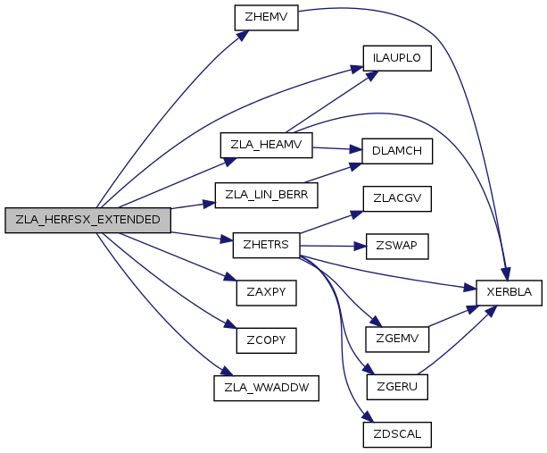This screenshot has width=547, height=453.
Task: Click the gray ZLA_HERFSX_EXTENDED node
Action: coord(87,220)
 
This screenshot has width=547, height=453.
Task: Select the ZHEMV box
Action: coord(265,17)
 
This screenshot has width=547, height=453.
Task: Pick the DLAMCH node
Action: coord(397,151)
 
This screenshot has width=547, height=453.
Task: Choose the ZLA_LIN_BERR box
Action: coord(267,195)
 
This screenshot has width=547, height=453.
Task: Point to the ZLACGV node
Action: coord(397,199)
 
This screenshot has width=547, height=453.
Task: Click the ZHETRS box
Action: coord(265,243)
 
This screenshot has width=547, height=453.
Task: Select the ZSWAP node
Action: coord(397,246)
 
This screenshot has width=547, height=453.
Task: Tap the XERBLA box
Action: coord(510,292)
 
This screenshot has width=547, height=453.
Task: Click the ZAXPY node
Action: coord(265,292)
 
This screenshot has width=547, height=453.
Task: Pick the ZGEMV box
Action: coord(398,340)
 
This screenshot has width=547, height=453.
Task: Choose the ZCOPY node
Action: coord(265,340)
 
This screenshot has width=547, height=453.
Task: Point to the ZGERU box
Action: coord(398,387)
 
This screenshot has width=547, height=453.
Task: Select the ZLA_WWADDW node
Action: coord(266,389)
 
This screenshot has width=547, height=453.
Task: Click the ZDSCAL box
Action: coord(397,435)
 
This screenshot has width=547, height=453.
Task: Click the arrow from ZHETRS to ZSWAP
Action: coord(332,245)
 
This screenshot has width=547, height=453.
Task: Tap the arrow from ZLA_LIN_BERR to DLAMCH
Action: coord(337,172)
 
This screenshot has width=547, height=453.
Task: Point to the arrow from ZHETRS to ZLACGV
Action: coord(330,223)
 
